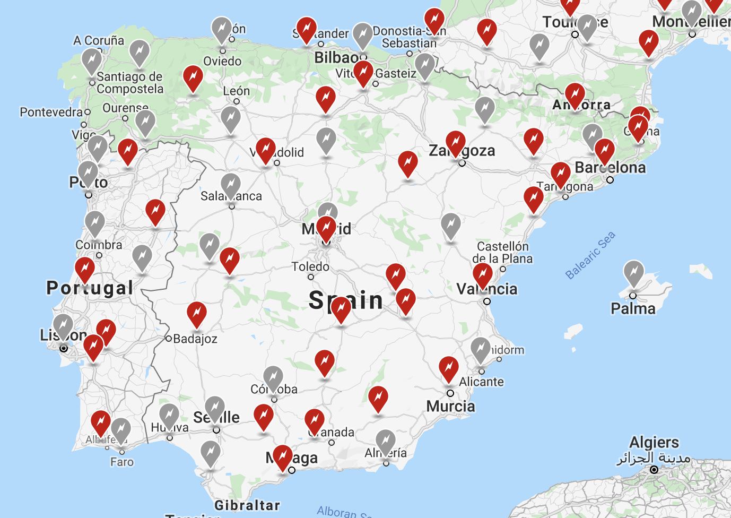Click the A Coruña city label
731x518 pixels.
point(99,40)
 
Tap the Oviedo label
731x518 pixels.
point(222,61)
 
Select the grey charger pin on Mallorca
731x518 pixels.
point(633,273)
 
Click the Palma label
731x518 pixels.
point(633,308)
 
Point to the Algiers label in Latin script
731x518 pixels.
point(654,442)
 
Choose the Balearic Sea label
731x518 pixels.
point(590,255)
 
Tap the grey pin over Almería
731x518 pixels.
point(386,442)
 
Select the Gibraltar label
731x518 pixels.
point(247,505)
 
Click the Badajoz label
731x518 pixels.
point(195,339)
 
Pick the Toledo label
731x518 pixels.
point(310,266)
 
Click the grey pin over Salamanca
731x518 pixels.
point(231,186)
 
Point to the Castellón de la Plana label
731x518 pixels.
point(502,253)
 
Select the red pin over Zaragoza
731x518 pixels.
point(456,144)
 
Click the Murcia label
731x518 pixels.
point(450,406)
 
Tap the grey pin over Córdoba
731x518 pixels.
point(273,378)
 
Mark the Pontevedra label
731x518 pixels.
point(51,112)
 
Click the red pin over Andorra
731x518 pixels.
point(575,96)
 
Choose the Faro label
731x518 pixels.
point(122,462)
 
